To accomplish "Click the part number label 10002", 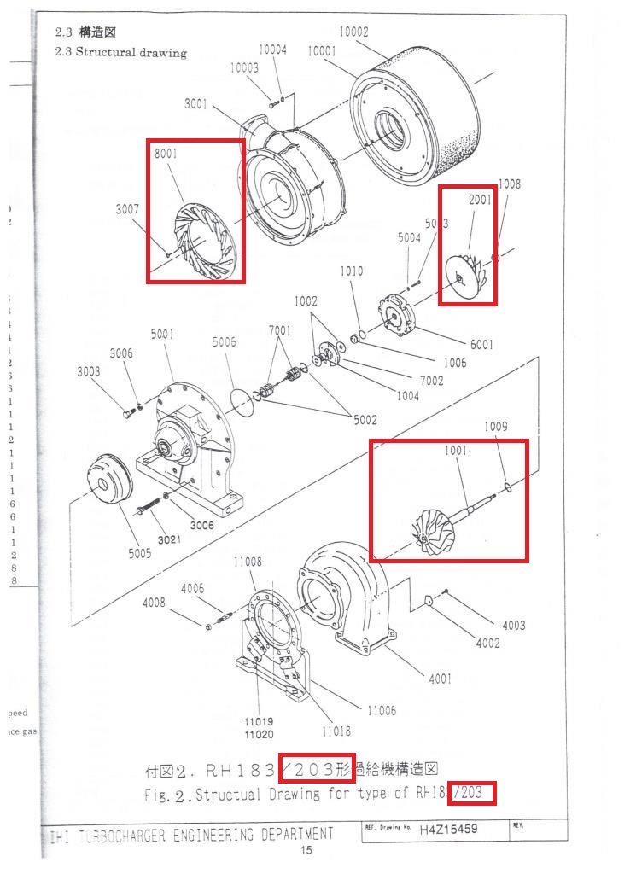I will pos(353,32).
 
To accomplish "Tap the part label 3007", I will pos(130,208).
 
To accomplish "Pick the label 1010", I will pos(351,271).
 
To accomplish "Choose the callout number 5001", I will pos(163,335).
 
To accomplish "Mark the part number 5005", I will pos(140,553).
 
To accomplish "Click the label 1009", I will pos(496,427).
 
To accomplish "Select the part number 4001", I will pos(439,679).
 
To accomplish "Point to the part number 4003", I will pos(513,626).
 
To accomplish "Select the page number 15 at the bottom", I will pos(306,850).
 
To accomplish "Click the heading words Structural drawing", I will pos(131,52).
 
